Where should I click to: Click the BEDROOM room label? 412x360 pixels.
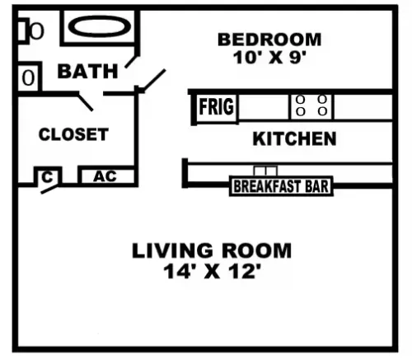pos(269,40)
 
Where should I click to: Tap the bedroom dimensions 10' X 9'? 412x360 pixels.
pos(269,58)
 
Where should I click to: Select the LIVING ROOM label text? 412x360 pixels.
pos(212,250)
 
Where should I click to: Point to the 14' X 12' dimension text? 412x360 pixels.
pos(212,271)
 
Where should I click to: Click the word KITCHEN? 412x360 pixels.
pos(294,138)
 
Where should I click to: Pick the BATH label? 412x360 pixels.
pos(87,71)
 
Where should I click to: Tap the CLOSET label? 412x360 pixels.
pos(73,134)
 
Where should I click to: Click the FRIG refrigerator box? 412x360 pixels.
pos(217,107)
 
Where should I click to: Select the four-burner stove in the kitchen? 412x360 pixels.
pos(311,107)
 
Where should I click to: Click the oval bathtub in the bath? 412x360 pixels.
pos(100,26)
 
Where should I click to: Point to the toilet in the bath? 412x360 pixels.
pos(30,30)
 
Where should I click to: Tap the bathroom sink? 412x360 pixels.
pos(29,77)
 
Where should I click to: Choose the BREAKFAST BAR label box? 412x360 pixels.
pos(281,186)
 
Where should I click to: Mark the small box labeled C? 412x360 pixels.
pos(48,176)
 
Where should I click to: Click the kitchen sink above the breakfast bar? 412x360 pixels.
pos(265,171)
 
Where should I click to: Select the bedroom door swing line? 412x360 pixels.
pos(154,80)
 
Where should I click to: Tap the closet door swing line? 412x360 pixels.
pos(86,101)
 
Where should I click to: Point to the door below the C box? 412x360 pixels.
pos(49,189)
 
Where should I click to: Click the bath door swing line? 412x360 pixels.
pos(132,62)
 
